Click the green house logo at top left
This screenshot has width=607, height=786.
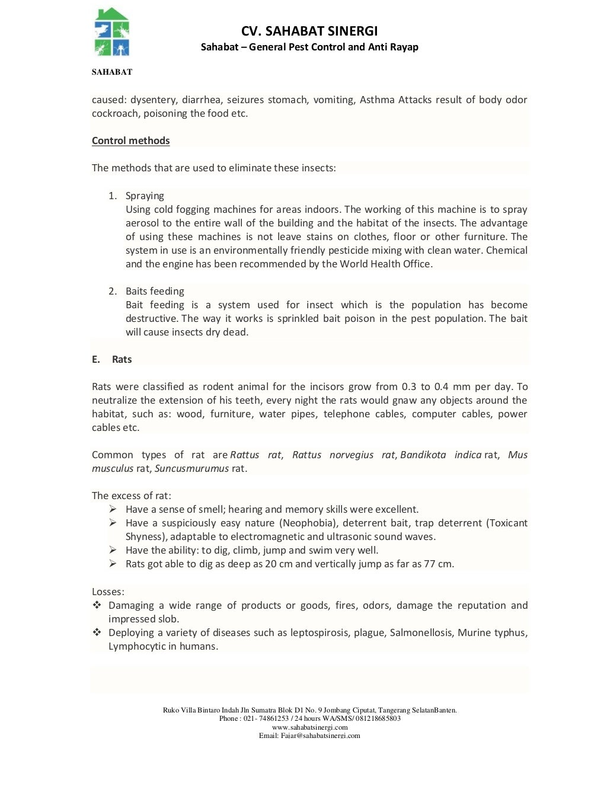(111, 33)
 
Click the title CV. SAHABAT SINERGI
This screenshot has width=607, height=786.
(309, 31)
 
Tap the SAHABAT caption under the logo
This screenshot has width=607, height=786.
(111, 72)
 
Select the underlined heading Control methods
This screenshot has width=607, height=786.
(130, 140)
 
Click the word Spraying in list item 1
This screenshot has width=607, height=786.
(145, 196)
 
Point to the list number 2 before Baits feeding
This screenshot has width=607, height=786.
(112, 291)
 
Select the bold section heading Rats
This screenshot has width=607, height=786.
(122, 359)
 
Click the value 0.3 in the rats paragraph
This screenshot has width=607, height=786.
(409, 386)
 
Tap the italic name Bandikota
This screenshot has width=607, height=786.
(423, 455)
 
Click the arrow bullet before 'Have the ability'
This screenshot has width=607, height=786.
(113, 550)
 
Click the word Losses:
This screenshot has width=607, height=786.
(108, 592)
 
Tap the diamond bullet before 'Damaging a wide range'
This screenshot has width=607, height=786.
(97, 605)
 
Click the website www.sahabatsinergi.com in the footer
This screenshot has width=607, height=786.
(309, 727)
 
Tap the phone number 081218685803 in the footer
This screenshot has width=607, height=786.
(378, 718)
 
